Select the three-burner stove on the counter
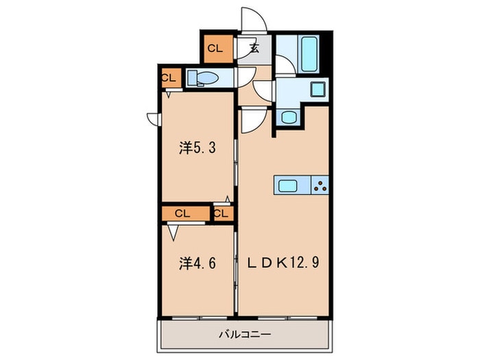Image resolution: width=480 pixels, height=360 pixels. pos(319,184)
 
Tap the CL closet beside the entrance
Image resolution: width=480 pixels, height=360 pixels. pos(215,48)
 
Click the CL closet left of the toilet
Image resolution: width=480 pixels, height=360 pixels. pos(169,77)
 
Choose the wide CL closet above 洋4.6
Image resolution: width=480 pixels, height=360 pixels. pos(182,213)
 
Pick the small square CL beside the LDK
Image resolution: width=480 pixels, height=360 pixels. pos(220,213)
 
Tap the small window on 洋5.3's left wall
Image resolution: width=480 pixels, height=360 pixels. pos(154,118)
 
